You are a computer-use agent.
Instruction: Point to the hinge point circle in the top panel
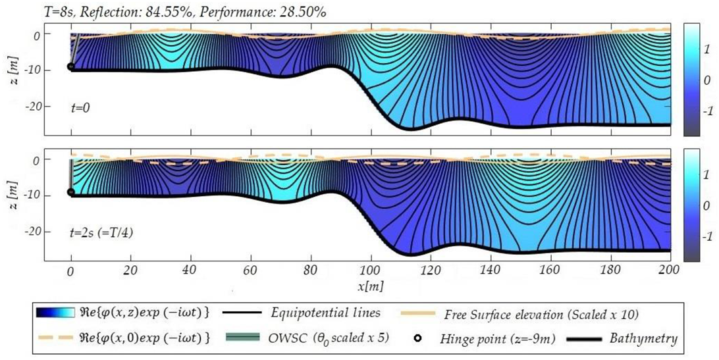click(70, 66)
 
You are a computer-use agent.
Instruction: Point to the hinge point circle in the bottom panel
click(70, 192)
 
